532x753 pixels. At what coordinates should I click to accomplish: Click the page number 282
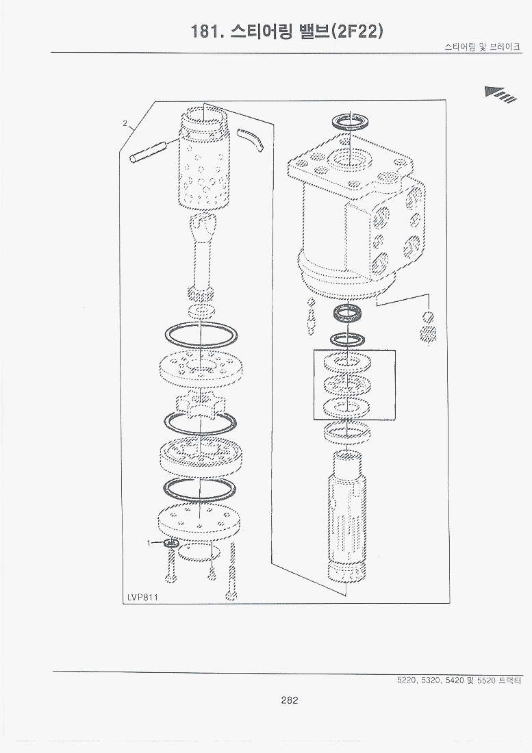coord(290,700)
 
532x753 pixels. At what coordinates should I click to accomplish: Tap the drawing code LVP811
coord(143,597)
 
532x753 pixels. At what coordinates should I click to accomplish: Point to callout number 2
coord(125,123)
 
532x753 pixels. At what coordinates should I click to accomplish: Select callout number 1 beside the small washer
coord(149,543)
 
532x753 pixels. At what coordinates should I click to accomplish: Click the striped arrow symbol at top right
coord(501,94)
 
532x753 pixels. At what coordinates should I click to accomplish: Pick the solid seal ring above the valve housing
coord(351,121)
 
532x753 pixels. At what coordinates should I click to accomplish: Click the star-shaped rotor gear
coord(200,405)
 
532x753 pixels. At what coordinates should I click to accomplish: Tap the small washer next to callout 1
coord(170,544)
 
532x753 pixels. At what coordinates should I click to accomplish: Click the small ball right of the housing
coord(429,316)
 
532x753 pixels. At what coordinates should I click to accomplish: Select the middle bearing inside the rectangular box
coord(347,384)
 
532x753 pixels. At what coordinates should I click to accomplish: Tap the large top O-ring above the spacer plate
coord(200,334)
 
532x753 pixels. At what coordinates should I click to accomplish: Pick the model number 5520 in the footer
coord(481,680)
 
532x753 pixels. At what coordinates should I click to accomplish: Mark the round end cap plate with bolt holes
coord(198,520)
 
